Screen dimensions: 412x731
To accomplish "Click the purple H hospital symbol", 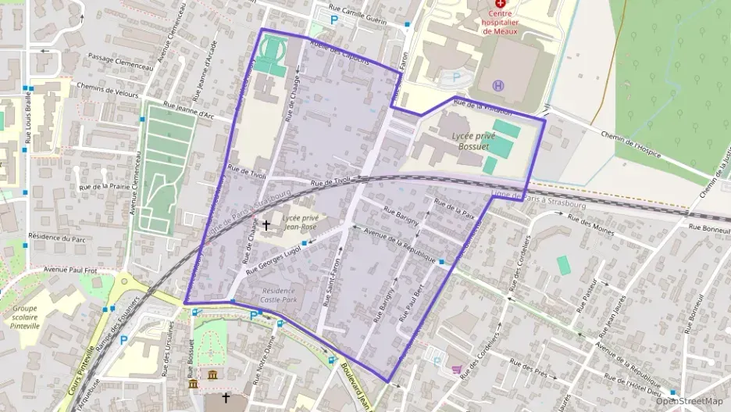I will point(497,84).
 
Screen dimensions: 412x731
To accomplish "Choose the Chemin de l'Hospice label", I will point(632,144).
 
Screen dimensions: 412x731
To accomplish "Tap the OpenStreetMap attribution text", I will point(690,401).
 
